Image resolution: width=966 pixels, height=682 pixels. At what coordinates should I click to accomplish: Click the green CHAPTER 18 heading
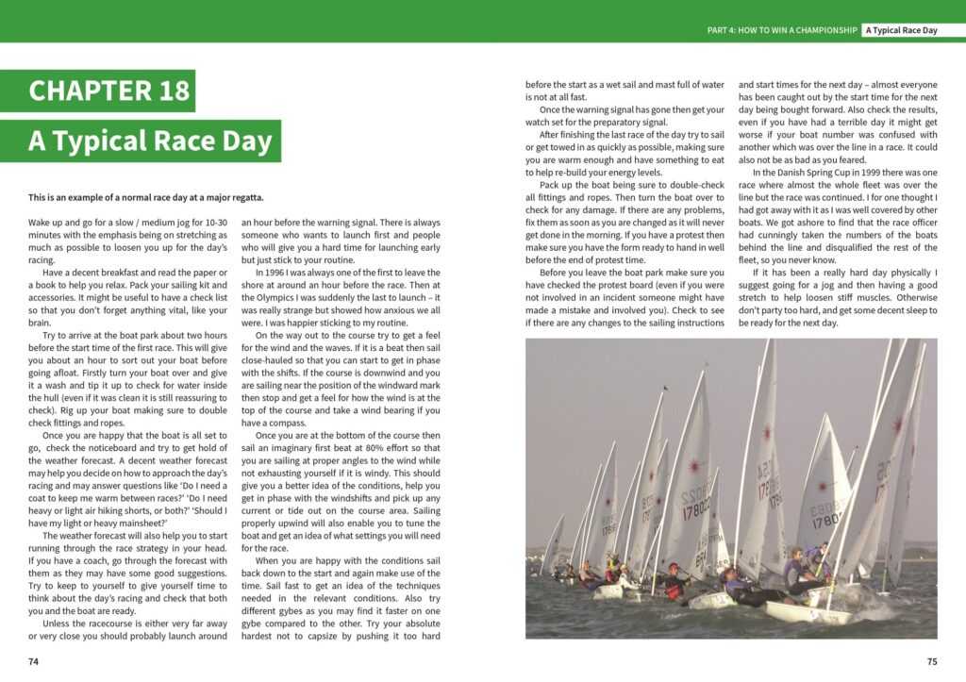point(109,91)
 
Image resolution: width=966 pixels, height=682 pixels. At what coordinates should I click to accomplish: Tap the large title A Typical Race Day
point(150,141)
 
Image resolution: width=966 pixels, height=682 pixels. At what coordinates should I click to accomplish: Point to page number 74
point(33,661)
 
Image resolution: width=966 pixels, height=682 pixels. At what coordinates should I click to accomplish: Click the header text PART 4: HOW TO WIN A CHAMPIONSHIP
point(782,30)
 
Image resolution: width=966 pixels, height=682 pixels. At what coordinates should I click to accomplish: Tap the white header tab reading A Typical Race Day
point(902,30)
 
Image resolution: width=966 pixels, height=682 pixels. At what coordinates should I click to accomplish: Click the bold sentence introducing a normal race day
point(146,197)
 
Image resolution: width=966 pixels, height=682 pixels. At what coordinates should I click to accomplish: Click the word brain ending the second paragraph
point(41,321)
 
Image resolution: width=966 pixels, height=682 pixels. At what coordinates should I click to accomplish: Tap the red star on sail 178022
point(692,466)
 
